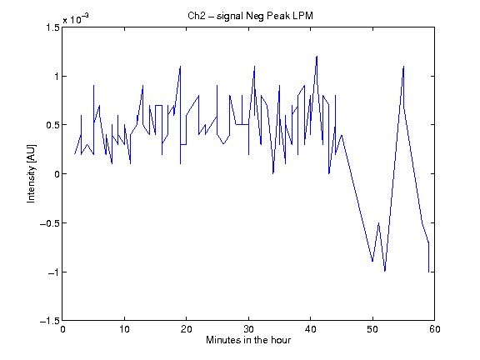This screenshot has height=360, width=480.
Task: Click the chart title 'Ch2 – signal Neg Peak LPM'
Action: (250, 16)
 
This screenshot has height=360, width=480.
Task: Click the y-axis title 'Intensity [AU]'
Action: (31, 173)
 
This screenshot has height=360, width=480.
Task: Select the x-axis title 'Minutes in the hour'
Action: (248, 340)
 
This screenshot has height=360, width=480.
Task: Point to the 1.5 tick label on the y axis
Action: (52, 27)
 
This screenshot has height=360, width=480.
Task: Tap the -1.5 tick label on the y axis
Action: (50, 321)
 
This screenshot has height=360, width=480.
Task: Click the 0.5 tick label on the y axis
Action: (52, 125)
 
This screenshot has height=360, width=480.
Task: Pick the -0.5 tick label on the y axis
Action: (50, 223)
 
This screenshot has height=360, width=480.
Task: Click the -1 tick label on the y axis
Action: (53, 272)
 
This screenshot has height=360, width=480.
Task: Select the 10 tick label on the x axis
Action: (124, 329)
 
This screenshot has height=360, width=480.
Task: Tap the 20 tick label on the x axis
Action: (186, 329)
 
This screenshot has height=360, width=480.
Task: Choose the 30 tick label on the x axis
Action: (248, 329)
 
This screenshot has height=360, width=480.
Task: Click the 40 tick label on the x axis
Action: (310, 329)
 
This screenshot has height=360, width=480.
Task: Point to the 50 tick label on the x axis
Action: (372, 329)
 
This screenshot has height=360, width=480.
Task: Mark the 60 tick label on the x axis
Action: (434, 329)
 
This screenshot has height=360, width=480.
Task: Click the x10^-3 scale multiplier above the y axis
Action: (76, 18)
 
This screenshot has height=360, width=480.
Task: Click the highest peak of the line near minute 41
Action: (317, 57)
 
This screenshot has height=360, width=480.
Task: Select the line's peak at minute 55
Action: (403, 66)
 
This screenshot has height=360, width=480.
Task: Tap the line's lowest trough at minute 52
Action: (385, 271)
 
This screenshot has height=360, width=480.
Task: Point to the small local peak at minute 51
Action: (378, 222)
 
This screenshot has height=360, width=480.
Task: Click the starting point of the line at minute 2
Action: (75, 154)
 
